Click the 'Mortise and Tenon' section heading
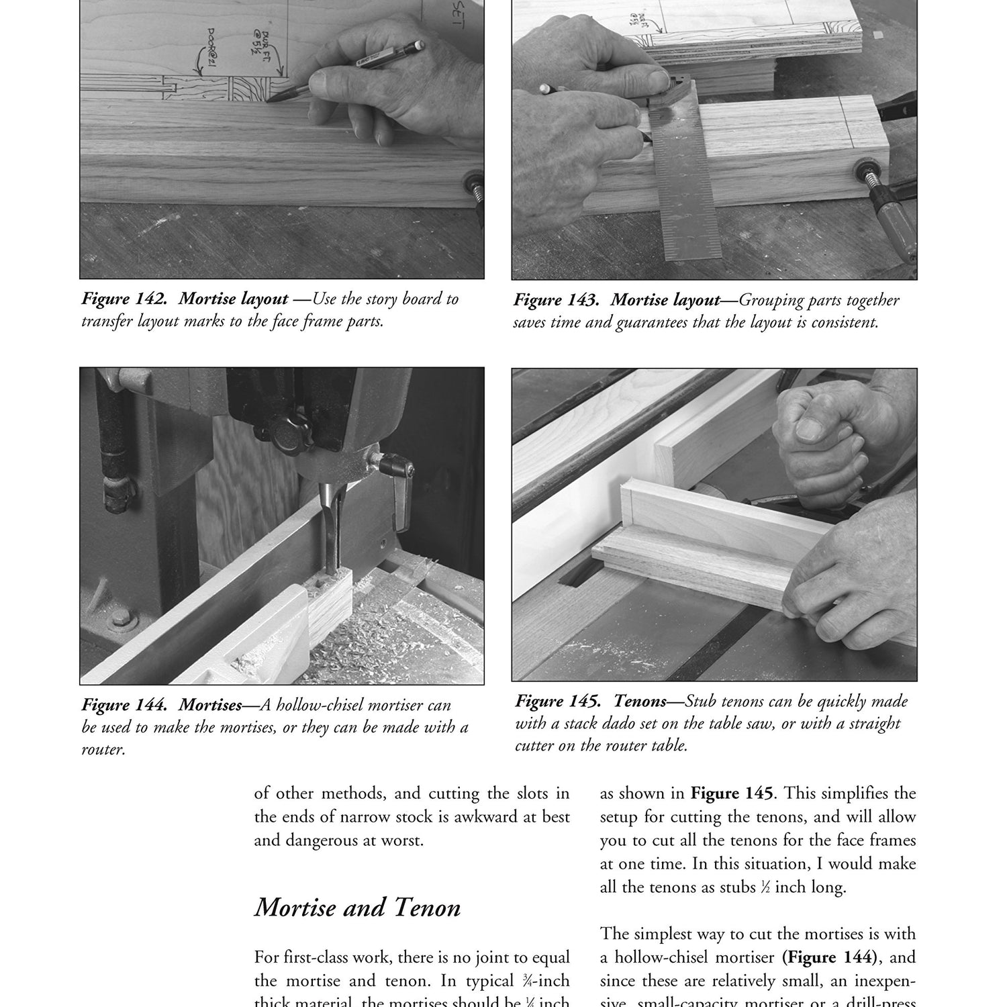coord(357,908)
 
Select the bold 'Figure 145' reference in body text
coord(732,794)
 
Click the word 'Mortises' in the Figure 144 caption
coord(210,705)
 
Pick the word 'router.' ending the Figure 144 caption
coord(103,749)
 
